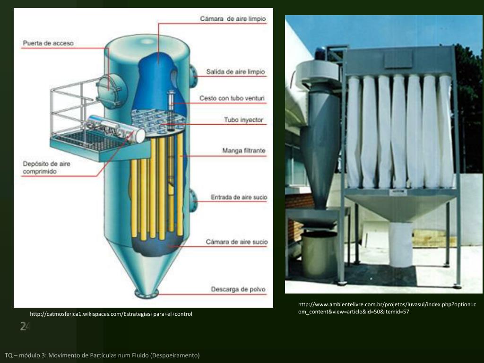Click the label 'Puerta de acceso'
coord(48,43)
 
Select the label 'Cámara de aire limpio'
coord(233,19)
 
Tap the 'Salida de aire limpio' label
coord(236,72)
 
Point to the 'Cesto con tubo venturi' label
coord(232,98)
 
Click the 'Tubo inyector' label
coord(243,120)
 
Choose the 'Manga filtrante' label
coord(244,151)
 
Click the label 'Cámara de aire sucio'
coord(236,242)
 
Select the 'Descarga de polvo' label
coord(238,289)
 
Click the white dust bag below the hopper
coord(401,244)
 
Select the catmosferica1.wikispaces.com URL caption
coord(111,314)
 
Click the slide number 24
coord(25,326)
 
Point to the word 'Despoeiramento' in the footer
coord(175,355)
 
